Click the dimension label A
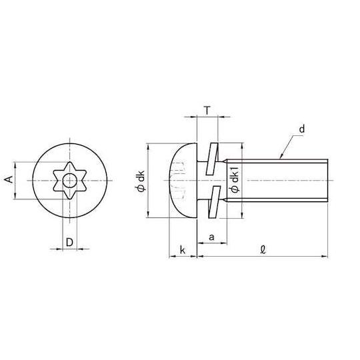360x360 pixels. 9,179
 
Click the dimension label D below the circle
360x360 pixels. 69,242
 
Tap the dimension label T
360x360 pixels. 207,111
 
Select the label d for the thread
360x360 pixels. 302,129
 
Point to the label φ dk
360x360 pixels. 140,181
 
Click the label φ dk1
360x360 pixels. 235,179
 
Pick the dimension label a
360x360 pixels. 212,237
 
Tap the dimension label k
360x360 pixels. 182,250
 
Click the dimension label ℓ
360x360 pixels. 263,249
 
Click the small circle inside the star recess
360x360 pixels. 70,181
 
